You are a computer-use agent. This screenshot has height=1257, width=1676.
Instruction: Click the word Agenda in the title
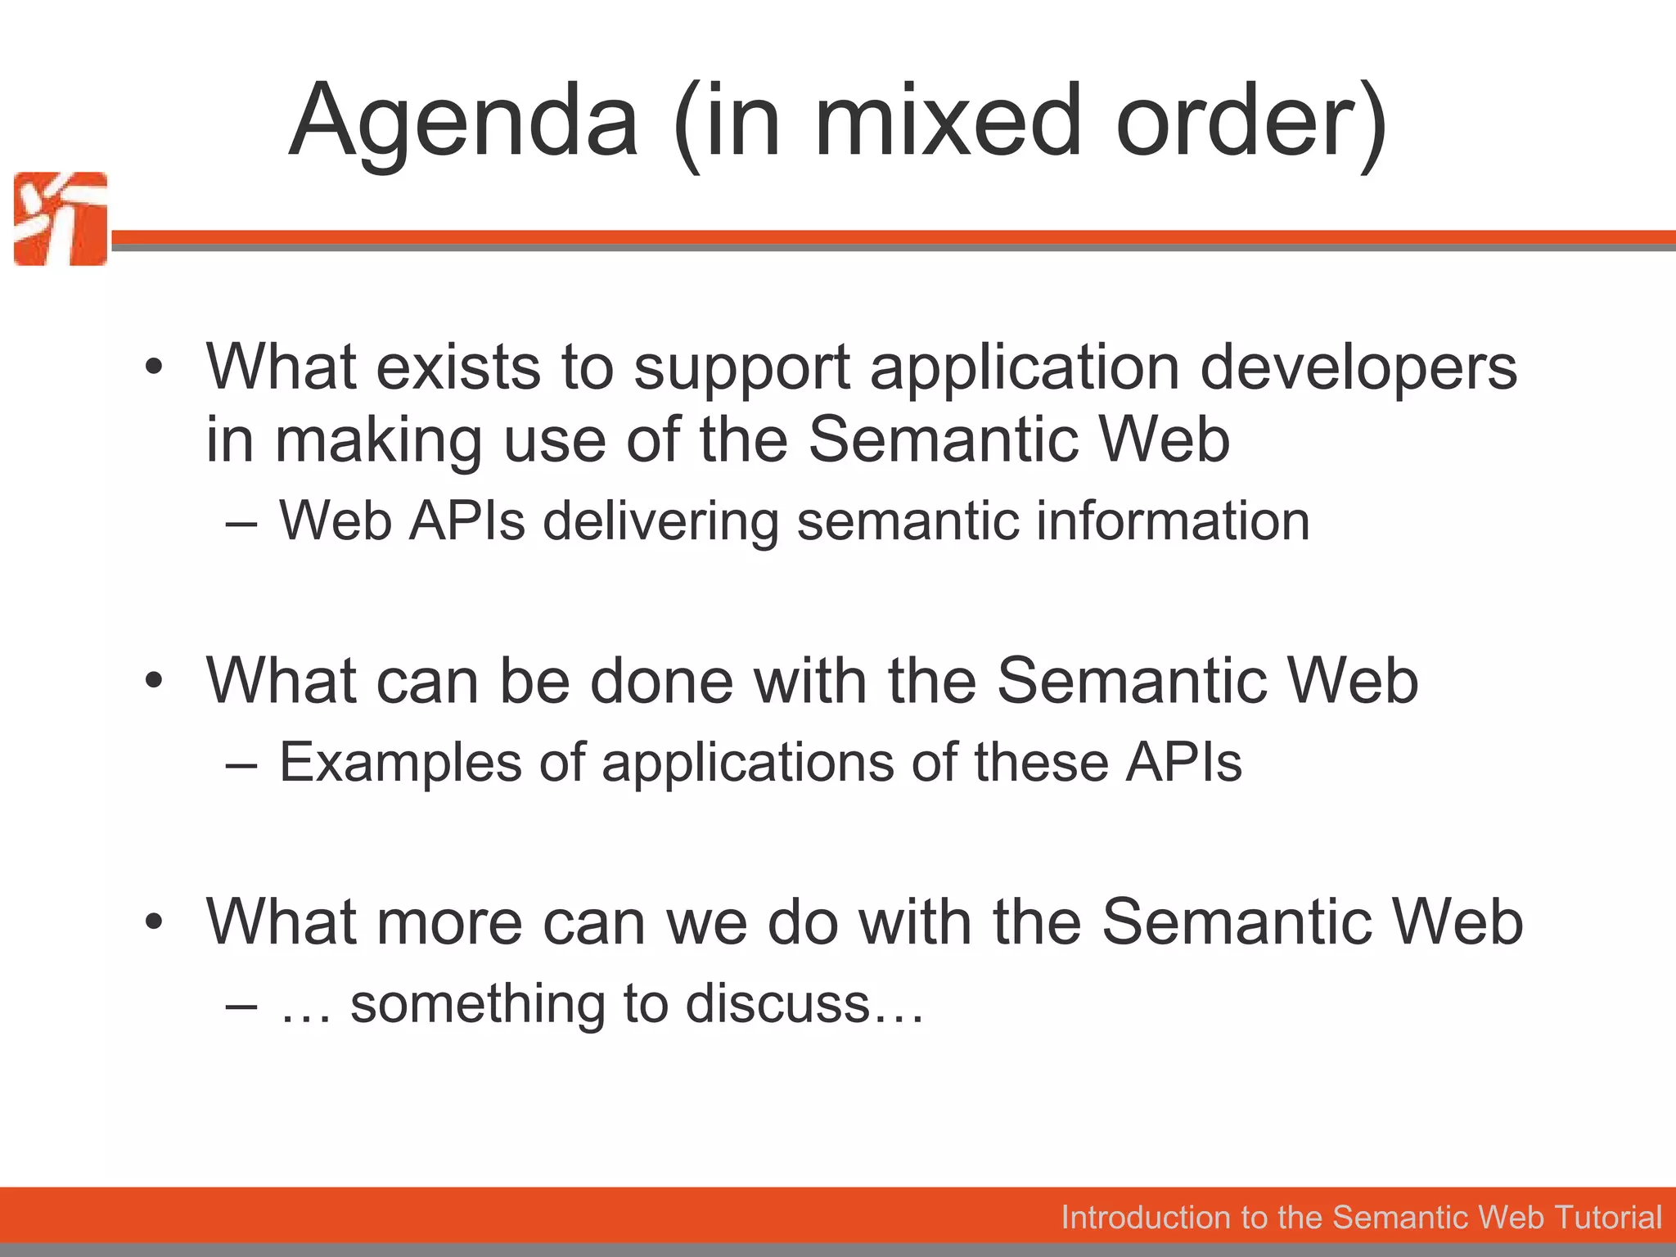[x=463, y=123]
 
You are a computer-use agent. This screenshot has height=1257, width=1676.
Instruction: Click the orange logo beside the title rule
[x=61, y=219]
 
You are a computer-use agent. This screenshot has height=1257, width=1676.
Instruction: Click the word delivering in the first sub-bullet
[x=660, y=521]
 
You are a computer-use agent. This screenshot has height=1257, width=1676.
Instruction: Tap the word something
[x=477, y=1004]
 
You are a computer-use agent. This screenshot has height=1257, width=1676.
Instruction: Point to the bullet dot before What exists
[x=153, y=367]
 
